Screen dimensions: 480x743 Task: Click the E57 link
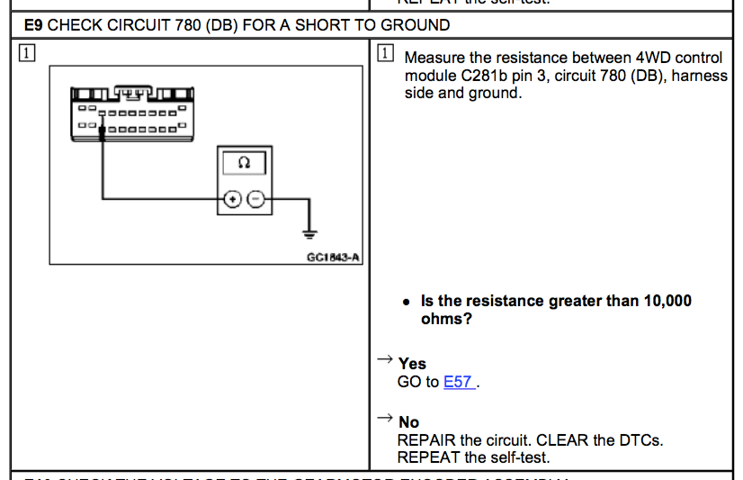458,382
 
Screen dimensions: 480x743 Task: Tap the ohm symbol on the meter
243,163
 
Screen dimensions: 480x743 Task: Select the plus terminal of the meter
232,200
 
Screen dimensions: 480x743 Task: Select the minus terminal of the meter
255,200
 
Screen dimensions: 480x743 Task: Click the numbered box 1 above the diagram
28,54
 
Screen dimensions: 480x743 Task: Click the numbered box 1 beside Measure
386,54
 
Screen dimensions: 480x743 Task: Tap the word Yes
412,364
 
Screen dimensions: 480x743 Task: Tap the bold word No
408,422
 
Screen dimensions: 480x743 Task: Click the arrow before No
384,419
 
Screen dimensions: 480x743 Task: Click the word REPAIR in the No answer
426,440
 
